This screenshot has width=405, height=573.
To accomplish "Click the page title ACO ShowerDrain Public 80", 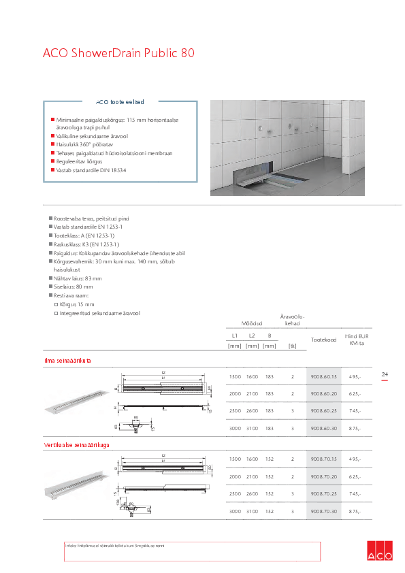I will point(119,53).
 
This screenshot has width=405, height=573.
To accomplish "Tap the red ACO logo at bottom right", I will point(380,551).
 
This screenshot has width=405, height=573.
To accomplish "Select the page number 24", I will point(385,375).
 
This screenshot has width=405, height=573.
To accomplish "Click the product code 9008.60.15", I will point(323,376).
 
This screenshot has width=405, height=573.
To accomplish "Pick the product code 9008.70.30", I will point(323,511).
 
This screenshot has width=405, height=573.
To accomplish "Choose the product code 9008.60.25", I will point(323,410).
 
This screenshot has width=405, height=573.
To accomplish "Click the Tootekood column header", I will point(323,340).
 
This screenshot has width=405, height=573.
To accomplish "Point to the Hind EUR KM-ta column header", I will point(356,340).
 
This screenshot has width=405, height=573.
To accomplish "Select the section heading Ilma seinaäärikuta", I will point(67,360).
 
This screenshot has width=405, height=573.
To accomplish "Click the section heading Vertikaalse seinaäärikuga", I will point(77,445).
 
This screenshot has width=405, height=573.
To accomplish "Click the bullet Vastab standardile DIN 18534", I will point(92,170).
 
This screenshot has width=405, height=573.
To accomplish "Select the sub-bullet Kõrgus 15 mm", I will point(76,304).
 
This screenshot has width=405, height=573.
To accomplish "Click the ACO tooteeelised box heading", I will point(120,101).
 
